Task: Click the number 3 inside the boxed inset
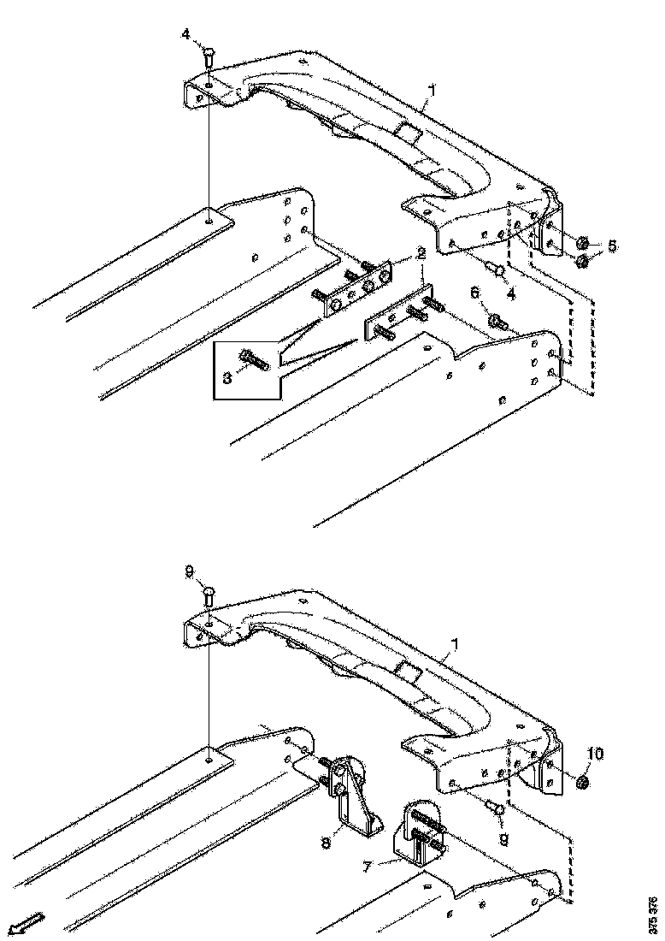click(x=227, y=376)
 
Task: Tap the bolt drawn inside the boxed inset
click(x=255, y=360)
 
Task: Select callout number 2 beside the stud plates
click(x=421, y=254)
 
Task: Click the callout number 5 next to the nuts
click(x=612, y=246)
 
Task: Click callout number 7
click(x=368, y=867)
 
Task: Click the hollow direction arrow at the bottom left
click(x=27, y=924)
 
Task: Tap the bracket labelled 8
click(x=355, y=796)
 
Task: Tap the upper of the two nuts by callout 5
click(x=582, y=242)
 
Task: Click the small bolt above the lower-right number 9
click(x=494, y=807)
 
